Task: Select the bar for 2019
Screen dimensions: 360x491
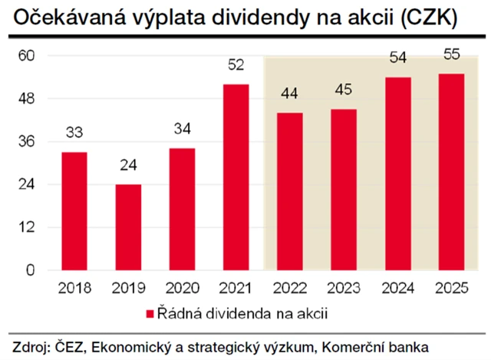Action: (128, 227)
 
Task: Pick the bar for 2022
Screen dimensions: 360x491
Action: (290, 191)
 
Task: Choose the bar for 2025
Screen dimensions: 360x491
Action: (451, 172)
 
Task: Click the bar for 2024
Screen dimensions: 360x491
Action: (397, 173)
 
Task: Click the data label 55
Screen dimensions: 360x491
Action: (451, 55)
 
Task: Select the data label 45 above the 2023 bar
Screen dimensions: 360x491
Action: (344, 91)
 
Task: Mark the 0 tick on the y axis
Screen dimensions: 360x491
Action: (32, 270)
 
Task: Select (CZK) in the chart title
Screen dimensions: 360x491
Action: (432, 18)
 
